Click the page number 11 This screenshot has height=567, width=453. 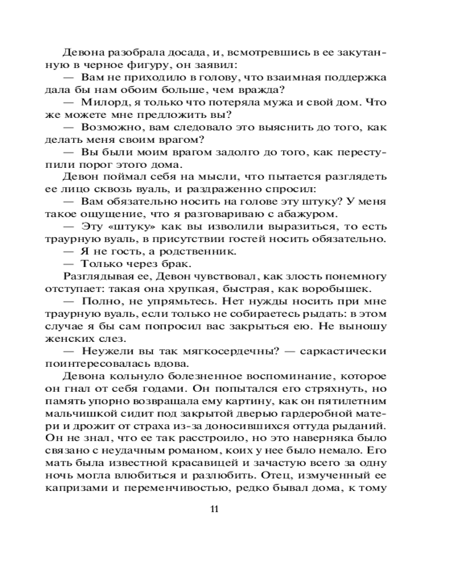coord(215,508)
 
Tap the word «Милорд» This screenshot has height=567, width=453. coord(107,103)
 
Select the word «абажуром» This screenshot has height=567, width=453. coord(314,214)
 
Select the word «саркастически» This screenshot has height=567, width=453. coord(348,350)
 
